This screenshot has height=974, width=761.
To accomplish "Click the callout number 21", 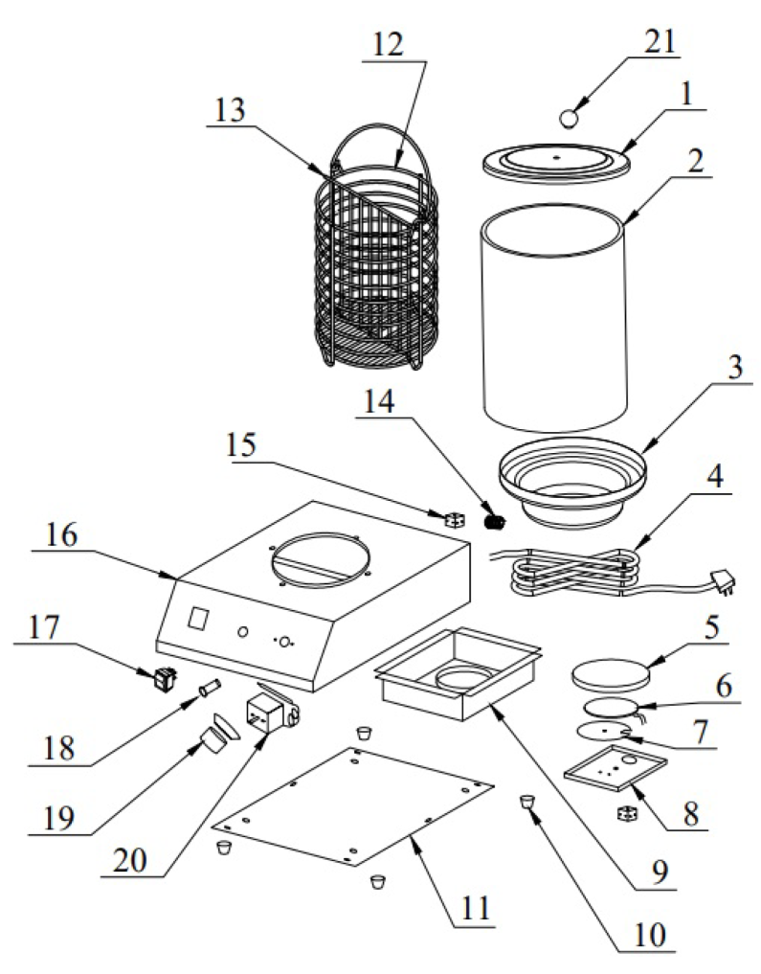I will click(661, 42).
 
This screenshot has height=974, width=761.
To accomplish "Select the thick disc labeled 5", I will click(608, 675).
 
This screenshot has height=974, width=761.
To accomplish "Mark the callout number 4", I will click(713, 479).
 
